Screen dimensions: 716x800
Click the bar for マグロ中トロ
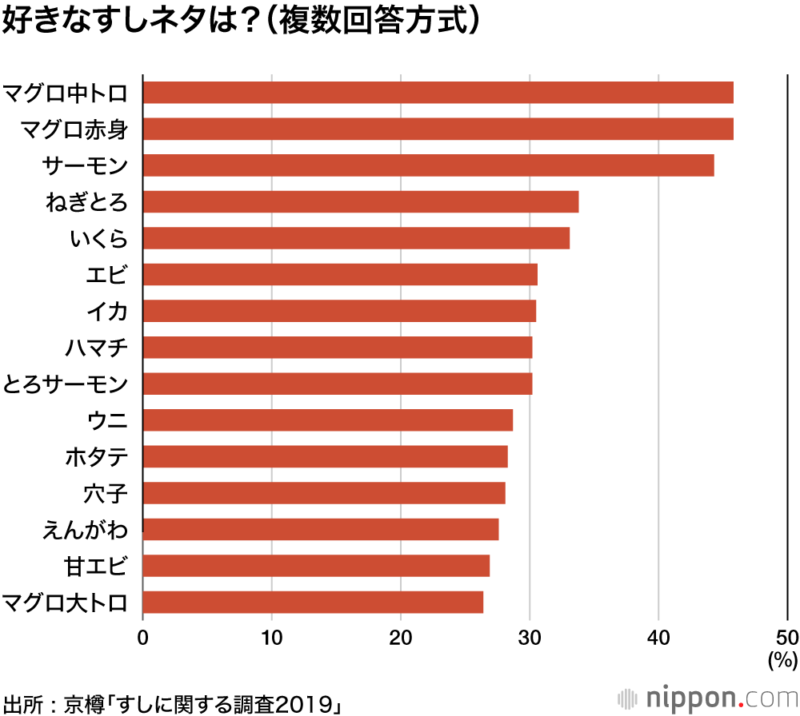click(x=438, y=93)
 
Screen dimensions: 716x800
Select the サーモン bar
click(x=428, y=165)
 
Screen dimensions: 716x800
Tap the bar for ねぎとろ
click(x=360, y=202)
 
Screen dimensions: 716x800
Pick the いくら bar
click(x=356, y=238)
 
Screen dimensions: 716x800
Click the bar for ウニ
click(x=327, y=420)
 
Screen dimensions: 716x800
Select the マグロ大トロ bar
click(x=313, y=603)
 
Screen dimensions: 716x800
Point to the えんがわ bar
click(x=320, y=530)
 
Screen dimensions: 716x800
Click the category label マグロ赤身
click(x=74, y=129)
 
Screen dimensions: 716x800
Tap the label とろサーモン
click(x=65, y=384)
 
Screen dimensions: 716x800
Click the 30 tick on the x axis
click(x=530, y=637)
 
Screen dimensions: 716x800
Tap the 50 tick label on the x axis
click(x=787, y=637)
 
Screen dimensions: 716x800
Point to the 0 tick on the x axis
click(x=143, y=637)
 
